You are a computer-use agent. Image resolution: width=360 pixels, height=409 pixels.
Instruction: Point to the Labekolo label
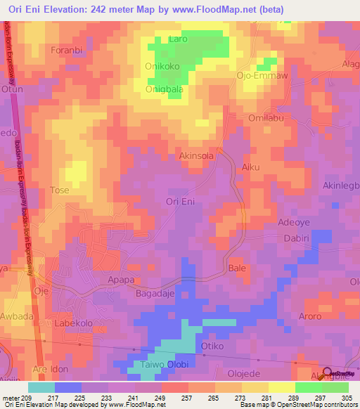(75, 323)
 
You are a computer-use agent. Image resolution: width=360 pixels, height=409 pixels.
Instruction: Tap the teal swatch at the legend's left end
(41, 387)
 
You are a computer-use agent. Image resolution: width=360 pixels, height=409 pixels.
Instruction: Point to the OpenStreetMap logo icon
(327, 373)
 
